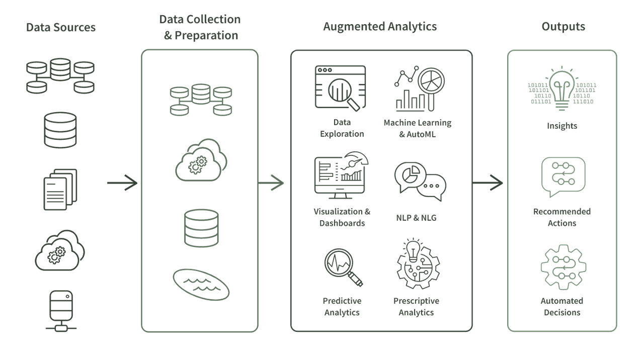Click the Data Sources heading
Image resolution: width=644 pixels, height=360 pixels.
point(60,27)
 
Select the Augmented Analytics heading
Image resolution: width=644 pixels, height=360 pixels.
point(380,27)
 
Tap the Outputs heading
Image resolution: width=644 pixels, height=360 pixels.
point(563,27)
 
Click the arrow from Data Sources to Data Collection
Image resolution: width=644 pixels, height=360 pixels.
point(122,183)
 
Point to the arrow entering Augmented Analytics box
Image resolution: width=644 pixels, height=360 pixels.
point(271,183)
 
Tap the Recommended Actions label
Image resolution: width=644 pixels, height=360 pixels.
point(562,217)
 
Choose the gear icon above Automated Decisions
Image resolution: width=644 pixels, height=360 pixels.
point(563,267)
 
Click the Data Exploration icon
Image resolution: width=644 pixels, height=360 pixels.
point(340,88)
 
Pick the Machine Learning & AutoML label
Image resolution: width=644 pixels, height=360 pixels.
point(417,128)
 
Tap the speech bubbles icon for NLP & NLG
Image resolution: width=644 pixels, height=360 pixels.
point(420,181)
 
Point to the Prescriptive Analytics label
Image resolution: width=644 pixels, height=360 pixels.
point(416,307)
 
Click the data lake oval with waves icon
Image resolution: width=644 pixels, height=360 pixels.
point(201,284)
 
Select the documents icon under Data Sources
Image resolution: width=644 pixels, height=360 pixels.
point(60,189)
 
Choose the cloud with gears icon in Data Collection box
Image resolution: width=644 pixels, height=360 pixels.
point(201,159)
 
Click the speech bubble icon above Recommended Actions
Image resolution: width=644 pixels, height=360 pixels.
point(563,176)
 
